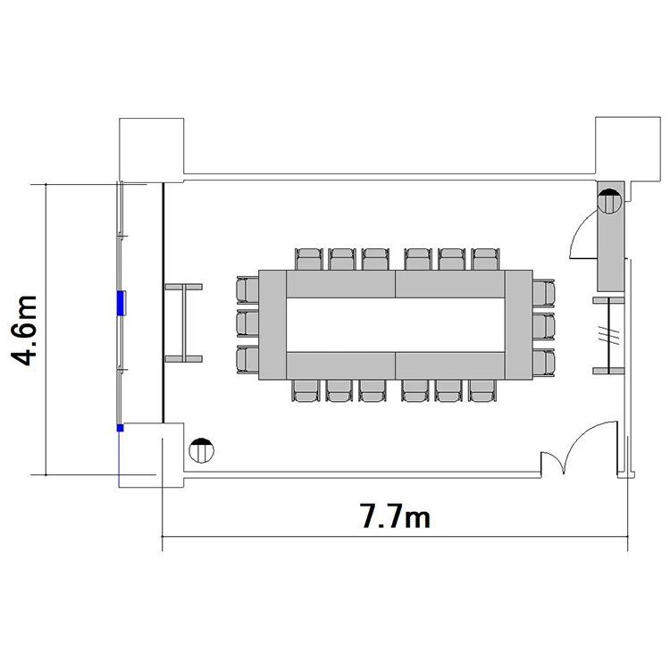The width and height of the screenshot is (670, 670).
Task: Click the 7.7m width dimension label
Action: point(395,515)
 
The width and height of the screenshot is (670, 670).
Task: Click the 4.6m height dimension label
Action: point(24,331)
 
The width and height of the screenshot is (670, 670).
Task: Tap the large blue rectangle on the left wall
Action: point(121,303)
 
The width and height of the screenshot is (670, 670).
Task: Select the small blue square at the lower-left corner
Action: point(120,428)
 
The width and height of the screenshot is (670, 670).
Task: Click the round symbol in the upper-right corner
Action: point(609,201)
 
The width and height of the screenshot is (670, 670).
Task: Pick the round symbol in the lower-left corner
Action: point(201,450)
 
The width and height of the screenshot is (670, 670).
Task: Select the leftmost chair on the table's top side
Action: point(309,259)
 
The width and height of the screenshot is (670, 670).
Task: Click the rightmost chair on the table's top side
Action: point(485,259)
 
